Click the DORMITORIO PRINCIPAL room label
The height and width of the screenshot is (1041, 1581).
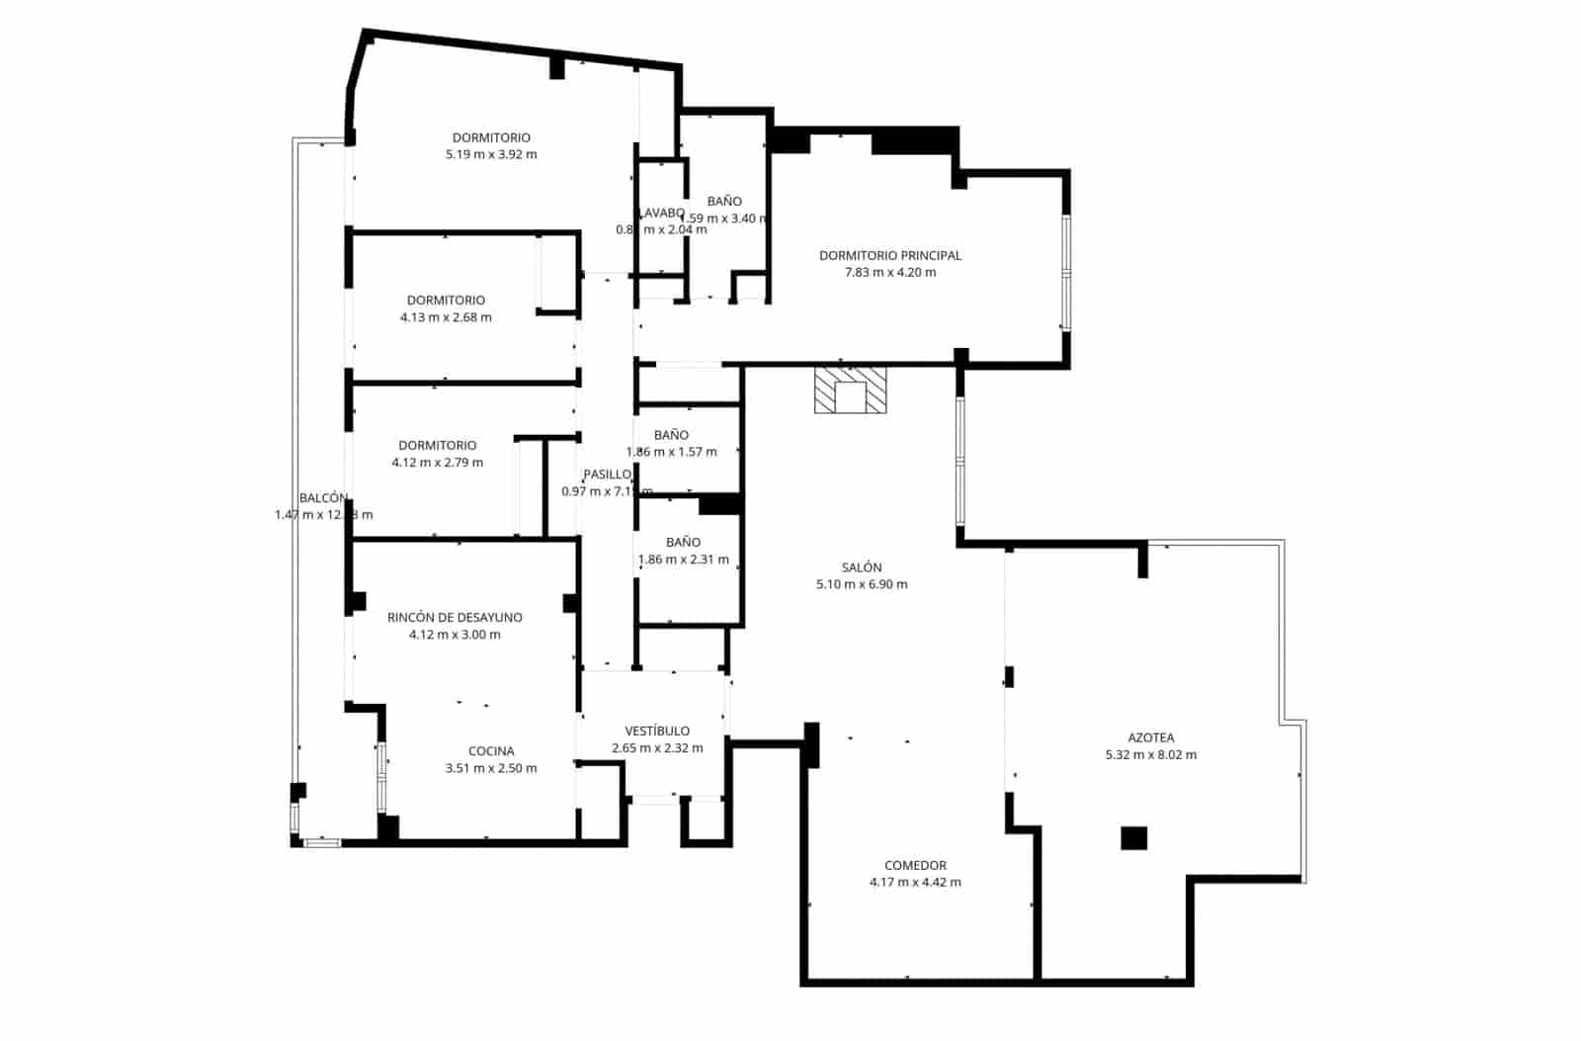click(x=889, y=255)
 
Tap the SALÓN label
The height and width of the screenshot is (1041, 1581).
click(x=862, y=567)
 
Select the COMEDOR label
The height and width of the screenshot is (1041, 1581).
click(x=915, y=865)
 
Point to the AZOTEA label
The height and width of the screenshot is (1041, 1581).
click(x=1150, y=737)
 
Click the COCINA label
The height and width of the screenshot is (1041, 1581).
click(x=491, y=751)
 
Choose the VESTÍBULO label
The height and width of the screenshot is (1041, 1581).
click(x=657, y=732)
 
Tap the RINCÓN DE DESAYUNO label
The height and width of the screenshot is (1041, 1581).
click(x=455, y=618)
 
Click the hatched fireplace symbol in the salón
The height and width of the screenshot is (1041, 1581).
click(x=850, y=390)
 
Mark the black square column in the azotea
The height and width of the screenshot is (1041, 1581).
click(x=1133, y=837)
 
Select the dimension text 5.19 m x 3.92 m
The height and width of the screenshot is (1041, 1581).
click(x=491, y=154)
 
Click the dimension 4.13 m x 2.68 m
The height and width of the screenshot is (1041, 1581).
click(x=446, y=317)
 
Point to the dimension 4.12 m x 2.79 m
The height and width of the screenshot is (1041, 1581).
click(x=437, y=463)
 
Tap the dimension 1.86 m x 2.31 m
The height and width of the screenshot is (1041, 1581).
click(x=684, y=560)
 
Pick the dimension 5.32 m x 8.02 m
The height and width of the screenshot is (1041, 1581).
click(x=1150, y=754)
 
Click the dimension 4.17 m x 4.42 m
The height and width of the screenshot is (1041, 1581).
click(x=915, y=882)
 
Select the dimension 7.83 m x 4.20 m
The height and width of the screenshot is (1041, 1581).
click(x=889, y=272)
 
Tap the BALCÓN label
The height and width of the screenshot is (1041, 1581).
click(x=323, y=498)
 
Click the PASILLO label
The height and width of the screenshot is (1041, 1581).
click(x=606, y=475)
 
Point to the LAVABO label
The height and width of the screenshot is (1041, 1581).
click(x=661, y=213)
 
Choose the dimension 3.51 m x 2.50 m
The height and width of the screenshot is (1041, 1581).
click(x=491, y=768)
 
